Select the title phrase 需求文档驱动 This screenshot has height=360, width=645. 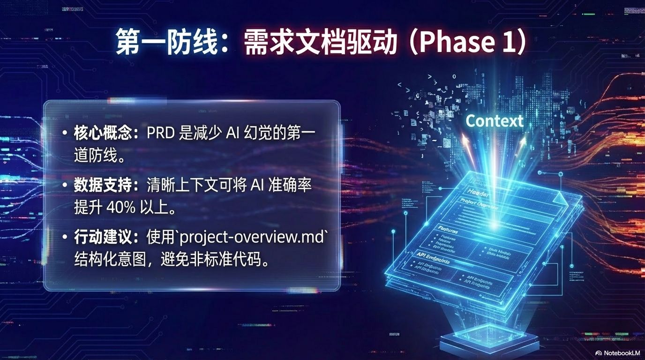(x=318, y=43)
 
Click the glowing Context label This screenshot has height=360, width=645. (x=494, y=121)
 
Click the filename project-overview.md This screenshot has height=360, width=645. (x=252, y=237)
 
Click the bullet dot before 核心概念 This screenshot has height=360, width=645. (x=65, y=134)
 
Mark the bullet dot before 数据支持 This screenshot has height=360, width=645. (x=65, y=186)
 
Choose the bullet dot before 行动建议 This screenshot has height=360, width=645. (x=65, y=238)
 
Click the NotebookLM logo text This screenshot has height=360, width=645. (x=617, y=352)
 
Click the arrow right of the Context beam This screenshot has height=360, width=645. (x=521, y=142)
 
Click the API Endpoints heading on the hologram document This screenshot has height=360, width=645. (x=433, y=259)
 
